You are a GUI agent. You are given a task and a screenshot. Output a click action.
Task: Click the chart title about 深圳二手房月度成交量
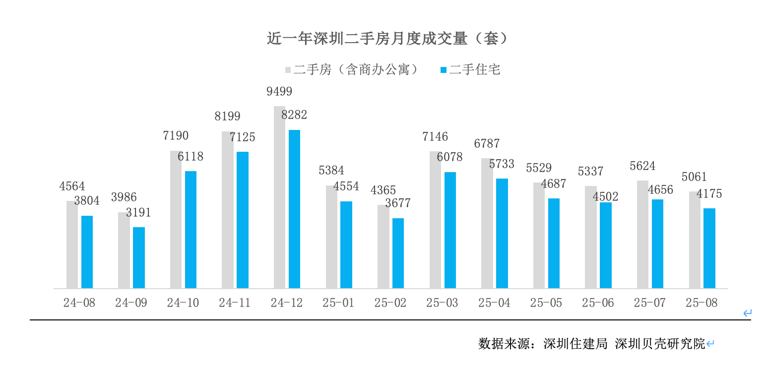(387, 39)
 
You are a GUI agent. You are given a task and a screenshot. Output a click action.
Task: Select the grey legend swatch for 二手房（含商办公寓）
(288, 70)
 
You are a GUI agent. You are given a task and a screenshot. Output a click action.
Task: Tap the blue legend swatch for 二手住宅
(444, 70)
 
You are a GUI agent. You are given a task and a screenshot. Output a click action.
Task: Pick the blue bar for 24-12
(295, 209)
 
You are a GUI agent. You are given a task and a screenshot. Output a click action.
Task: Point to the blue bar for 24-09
(139, 257)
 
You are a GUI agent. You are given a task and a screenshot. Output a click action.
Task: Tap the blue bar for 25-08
(709, 248)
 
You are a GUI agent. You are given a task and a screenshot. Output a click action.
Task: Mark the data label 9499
(279, 92)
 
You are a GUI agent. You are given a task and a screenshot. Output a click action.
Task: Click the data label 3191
(138, 213)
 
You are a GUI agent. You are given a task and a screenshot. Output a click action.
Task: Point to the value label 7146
(435, 136)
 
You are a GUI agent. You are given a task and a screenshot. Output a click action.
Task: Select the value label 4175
(709, 194)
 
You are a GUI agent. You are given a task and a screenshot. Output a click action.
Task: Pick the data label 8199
(227, 117)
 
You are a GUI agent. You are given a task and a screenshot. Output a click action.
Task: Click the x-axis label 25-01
(338, 303)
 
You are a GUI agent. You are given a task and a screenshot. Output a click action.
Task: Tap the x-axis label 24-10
(183, 303)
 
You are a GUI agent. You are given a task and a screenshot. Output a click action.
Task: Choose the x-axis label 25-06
(598, 303)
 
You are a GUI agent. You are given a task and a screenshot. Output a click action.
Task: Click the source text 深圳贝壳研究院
(660, 344)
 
